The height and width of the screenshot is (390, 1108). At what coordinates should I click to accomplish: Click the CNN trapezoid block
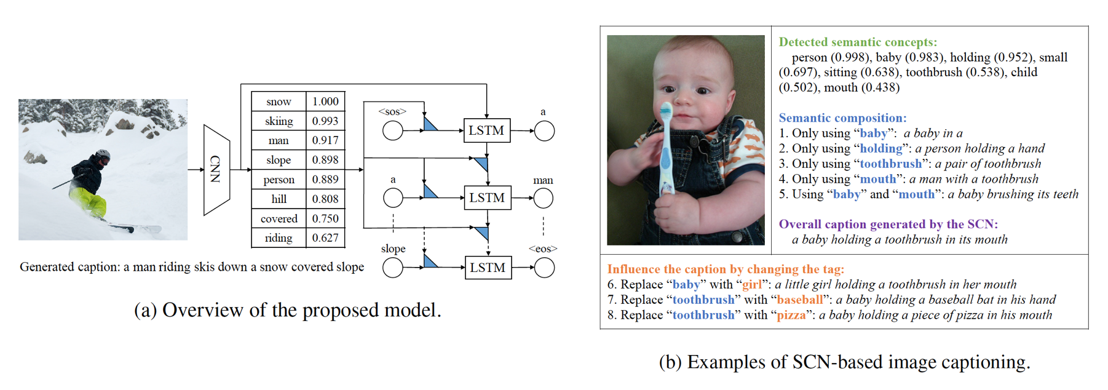[x=216, y=170]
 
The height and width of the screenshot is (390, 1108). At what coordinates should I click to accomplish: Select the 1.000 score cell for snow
[x=325, y=101]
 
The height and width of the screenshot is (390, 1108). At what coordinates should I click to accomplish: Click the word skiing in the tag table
[x=279, y=121]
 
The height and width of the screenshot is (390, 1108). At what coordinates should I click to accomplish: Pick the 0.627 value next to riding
[x=325, y=238]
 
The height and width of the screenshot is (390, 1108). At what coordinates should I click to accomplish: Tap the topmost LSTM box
[x=486, y=130]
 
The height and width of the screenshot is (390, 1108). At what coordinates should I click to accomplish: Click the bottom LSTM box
[x=488, y=268]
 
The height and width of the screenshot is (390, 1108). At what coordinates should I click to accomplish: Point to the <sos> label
[x=392, y=111]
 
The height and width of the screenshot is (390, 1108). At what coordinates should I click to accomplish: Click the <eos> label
[x=543, y=249]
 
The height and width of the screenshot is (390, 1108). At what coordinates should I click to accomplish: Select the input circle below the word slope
[x=393, y=268]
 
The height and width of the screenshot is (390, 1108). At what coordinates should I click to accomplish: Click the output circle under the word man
[x=544, y=198]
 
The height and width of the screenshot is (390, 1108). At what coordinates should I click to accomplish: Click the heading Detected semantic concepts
[x=858, y=42]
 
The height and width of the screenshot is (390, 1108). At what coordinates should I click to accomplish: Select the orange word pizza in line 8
[x=791, y=315]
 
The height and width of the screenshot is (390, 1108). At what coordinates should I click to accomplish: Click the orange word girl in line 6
[x=752, y=284]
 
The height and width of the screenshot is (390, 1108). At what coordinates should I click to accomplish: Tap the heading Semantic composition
[x=842, y=118]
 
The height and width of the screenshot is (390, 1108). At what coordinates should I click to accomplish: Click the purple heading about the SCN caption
[x=888, y=224]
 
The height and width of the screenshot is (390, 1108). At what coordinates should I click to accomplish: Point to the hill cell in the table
[x=279, y=199]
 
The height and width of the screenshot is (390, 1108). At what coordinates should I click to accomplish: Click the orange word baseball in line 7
[x=799, y=300]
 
